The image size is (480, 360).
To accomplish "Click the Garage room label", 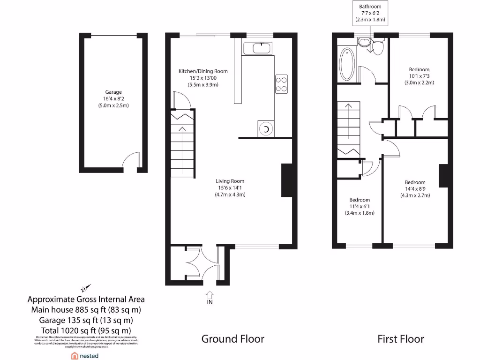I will [x=113, y=92].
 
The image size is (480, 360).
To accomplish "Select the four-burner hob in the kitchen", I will [x=281, y=84].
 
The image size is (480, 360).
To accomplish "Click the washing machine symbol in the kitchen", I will [x=266, y=129].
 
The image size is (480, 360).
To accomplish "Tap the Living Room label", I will [x=230, y=181].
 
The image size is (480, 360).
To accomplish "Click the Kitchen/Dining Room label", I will [x=202, y=71].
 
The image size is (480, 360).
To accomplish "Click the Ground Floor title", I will [x=232, y=338].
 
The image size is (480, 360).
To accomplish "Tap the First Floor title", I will [x=400, y=338].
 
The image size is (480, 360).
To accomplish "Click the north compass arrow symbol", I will [x=85, y=288].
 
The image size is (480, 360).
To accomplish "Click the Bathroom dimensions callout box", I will [x=370, y=13].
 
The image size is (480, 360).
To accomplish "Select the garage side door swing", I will [x=131, y=160].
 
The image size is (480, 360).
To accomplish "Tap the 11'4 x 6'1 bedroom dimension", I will [x=359, y=206].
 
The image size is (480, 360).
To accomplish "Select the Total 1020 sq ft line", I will [x=86, y=330].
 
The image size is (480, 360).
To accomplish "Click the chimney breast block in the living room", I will [x=286, y=180].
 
